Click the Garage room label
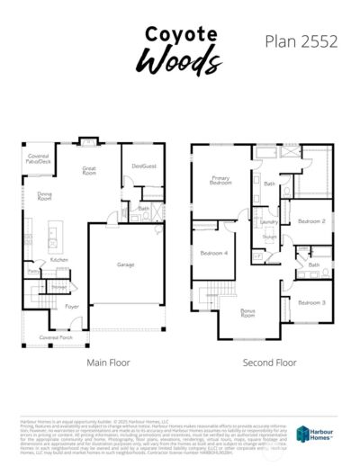(126, 264)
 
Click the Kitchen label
(59, 259)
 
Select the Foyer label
(71, 307)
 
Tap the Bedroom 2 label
(310, 220)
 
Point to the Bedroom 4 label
(214, 253)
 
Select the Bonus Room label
(247, 313)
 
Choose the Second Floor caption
(269, 363)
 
